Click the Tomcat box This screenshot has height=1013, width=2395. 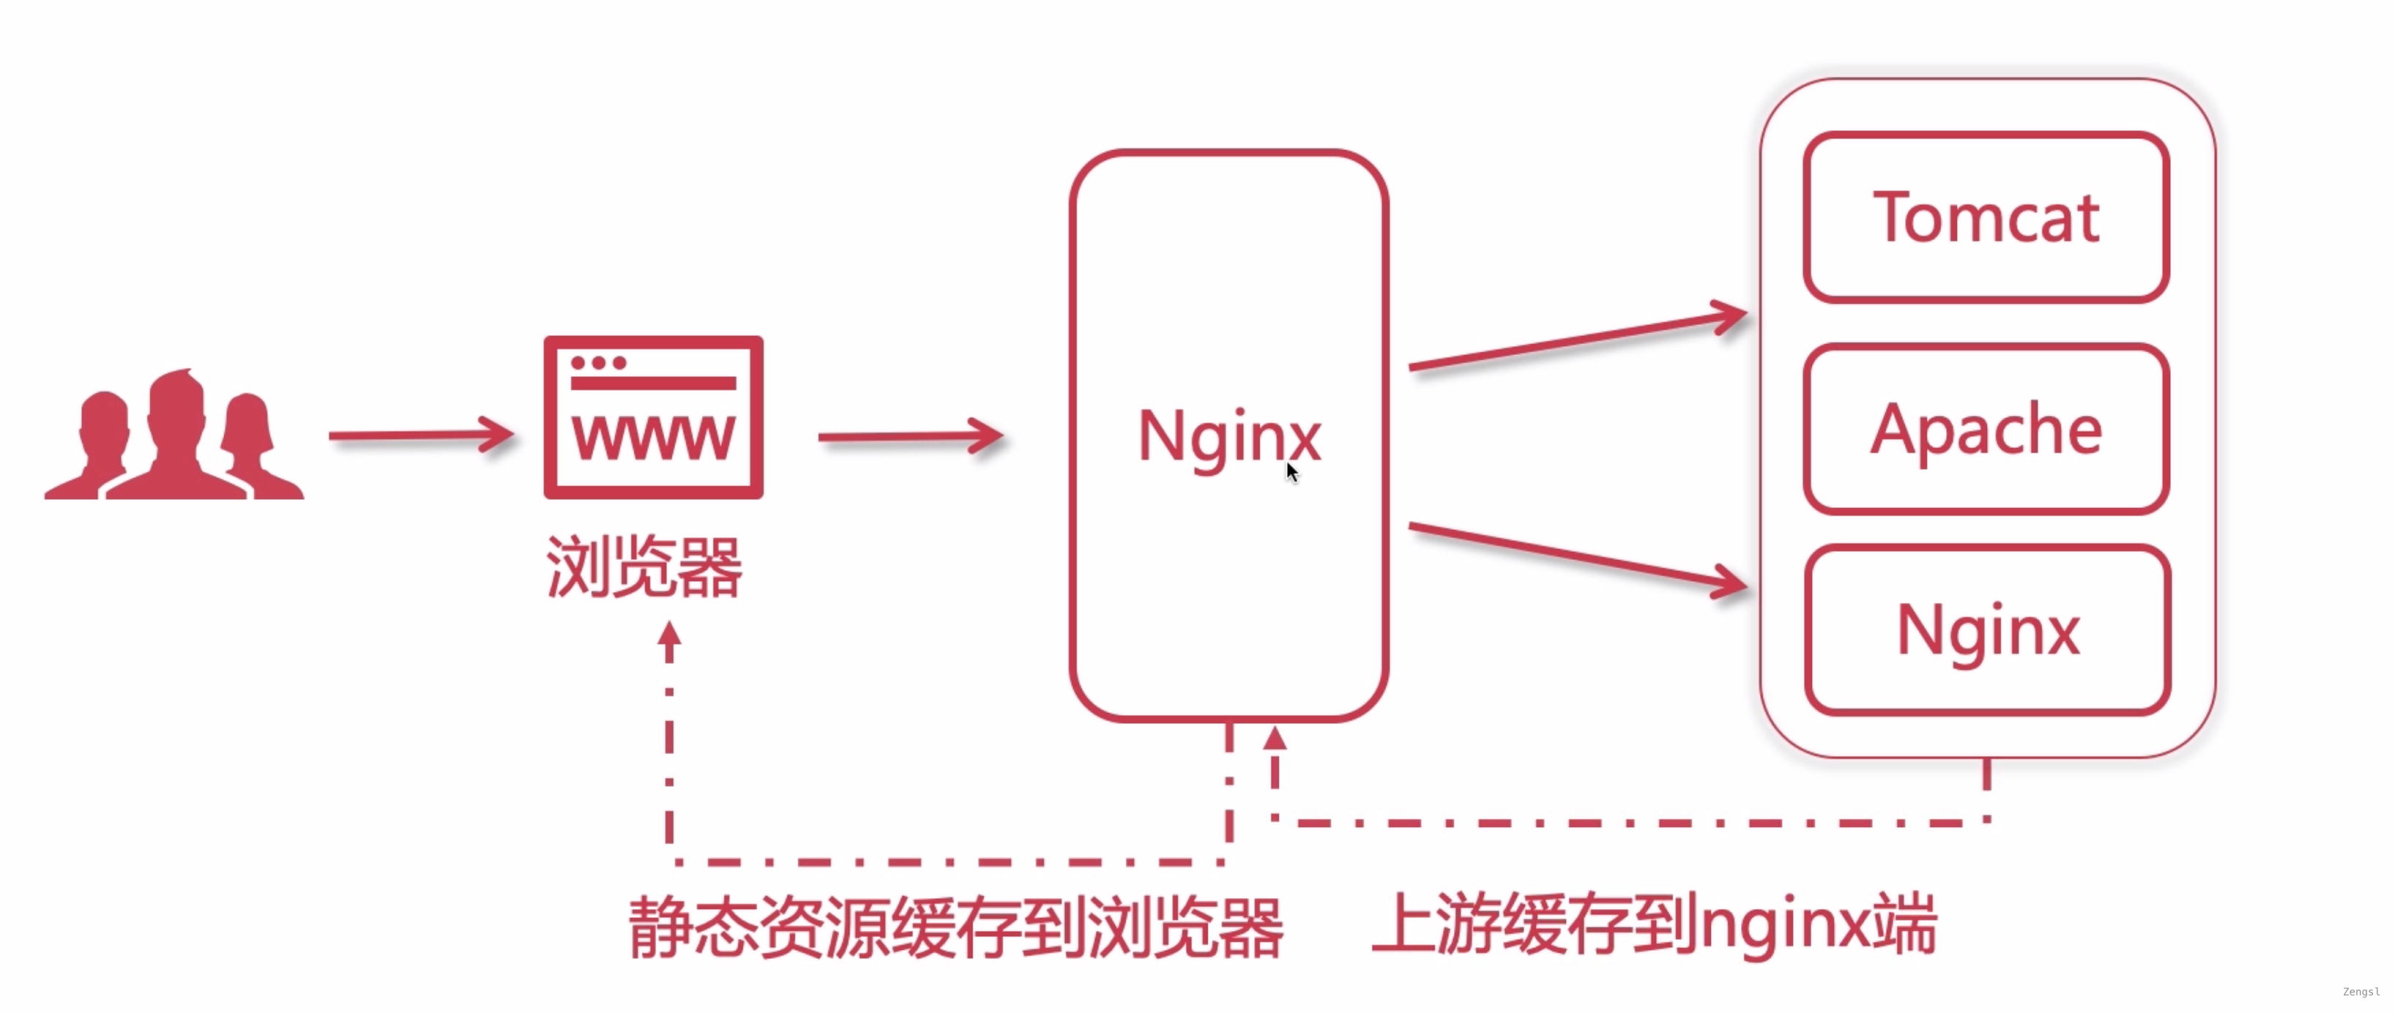(1986, 217)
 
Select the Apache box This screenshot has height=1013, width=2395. (1986, 428)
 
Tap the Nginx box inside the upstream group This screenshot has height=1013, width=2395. (1988, 630)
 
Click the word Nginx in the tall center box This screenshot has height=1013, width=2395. (1228, 436)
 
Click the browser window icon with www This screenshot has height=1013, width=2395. (653, 417)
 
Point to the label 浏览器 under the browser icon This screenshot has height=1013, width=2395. (643, 567)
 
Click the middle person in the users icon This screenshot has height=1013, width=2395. (177, 432)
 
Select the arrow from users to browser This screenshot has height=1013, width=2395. (420, 435)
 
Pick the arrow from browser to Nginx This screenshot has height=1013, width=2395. (909, 436)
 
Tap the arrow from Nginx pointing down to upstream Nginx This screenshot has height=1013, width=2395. (1577, 556)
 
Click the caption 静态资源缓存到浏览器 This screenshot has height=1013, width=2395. (956, 927)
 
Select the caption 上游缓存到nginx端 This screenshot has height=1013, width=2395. (1655, 924)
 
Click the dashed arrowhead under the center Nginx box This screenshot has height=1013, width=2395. (1274, 739)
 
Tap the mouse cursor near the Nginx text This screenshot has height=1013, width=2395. (1291, 471)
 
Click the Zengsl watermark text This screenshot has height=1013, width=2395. (2361, 992)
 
